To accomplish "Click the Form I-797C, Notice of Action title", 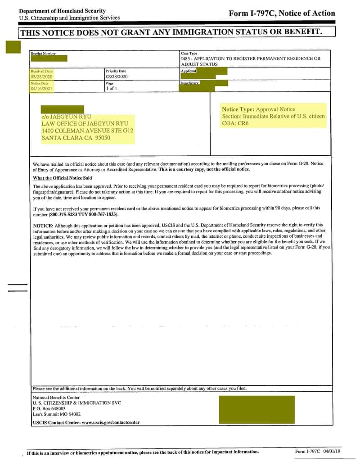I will [x=282, y=14].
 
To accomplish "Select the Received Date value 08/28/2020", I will [x=42, y=77].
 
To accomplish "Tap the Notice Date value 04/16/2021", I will [x=42, y=89].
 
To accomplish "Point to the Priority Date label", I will [x=116, y=71].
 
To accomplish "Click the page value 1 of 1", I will [x=112, y=89].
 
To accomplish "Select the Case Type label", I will [x=189, y=54].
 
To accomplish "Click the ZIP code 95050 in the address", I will [x=102, y=138].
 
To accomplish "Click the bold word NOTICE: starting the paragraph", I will [x=43, y=225].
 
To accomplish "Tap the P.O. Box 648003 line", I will [x=46, y=408].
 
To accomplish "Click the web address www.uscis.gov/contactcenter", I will [x=111, y=422].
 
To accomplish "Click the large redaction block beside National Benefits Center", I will [x=256, y=410].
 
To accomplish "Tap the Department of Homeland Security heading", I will [x=63, y=11].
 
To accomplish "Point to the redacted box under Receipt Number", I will [x=49, y=58].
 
